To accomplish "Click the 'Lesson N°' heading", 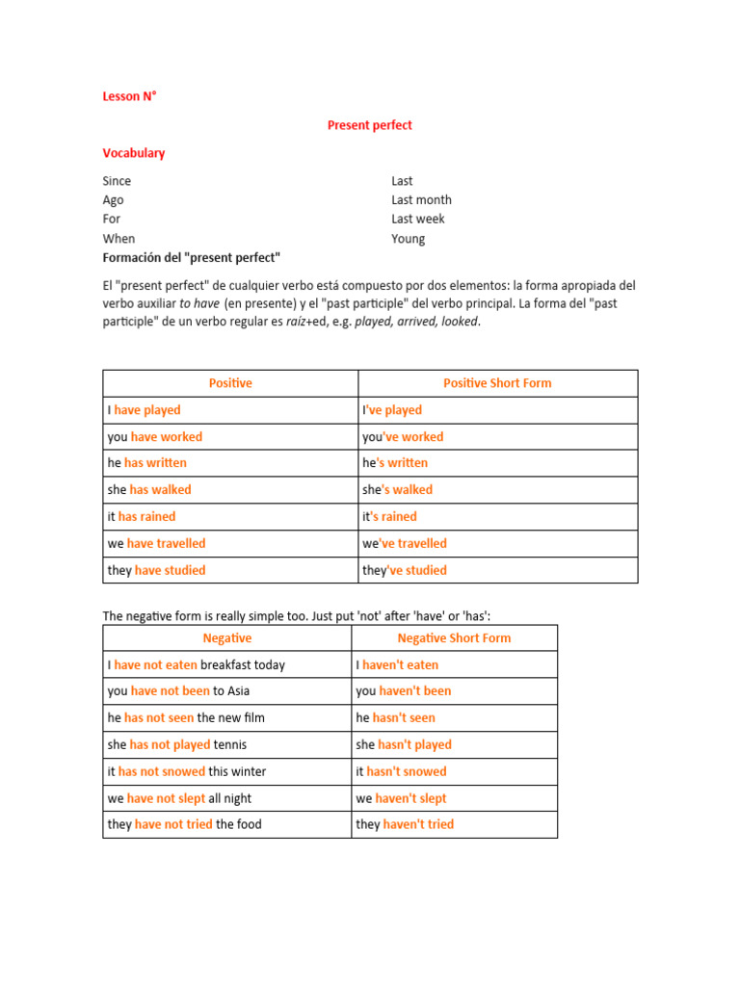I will pyautogui.click(x=129, y=96).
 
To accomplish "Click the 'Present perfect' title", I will pyautogui.click(x=369, y=125).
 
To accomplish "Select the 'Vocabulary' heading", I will pyautogui.click(x=133, y=153).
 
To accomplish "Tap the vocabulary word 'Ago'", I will pyautogui.click(x=113, y=200).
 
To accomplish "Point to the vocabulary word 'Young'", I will pyautogui.click(x=408, y=239).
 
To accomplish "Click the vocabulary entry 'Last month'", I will pyautogui.click(x=421, y=200).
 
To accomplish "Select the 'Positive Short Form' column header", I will pyautogui.click(x=497, y=383).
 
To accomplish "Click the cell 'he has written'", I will pyautogui.click(x=146, y=463).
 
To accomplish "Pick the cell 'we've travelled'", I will pyautogui.click(x=405, y=543).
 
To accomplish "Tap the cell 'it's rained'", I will pyautogui.click(x=389, y=517).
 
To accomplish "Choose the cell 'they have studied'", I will pyautogui.click(x=156, y=570).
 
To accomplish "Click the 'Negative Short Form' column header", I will pyautogui.click(x=454, y=638).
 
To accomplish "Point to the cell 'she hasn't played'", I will pyautogui.click(x=403, y=744).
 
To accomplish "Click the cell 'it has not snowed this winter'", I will pyautogui.click(x=186, y=771).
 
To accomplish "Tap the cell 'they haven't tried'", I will pyautogui.click(x=405, y=824).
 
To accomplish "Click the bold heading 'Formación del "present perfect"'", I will pyautogui.click(x=191, y=258).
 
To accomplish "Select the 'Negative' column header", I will pyautogui.click(x=227, y=638).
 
